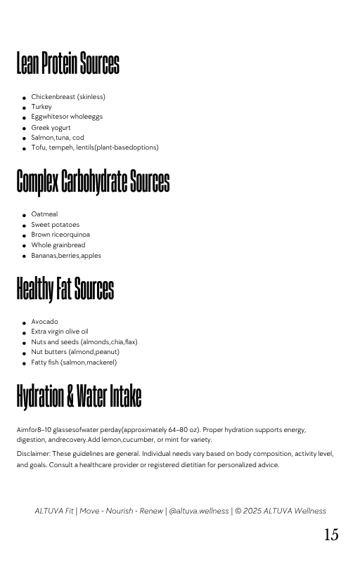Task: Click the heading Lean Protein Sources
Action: (68, 64)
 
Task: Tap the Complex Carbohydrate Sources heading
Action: (93, 181)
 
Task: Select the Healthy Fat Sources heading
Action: (65, 289)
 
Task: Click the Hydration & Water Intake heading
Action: (79, 396)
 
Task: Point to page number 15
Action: (330, 535)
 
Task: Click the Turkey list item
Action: (41, 107)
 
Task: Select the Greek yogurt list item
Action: (51, 128)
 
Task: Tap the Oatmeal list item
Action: (44, 214)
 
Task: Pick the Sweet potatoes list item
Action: (55, 225)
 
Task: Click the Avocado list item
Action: (44, 322)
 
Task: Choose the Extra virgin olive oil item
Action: (59, 332)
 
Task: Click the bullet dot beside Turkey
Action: (24, 108)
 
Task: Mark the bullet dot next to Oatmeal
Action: (24, 216)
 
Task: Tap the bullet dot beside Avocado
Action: (24, 323)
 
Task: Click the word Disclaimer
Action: (33, 454)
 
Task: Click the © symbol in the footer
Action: (238, 511)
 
